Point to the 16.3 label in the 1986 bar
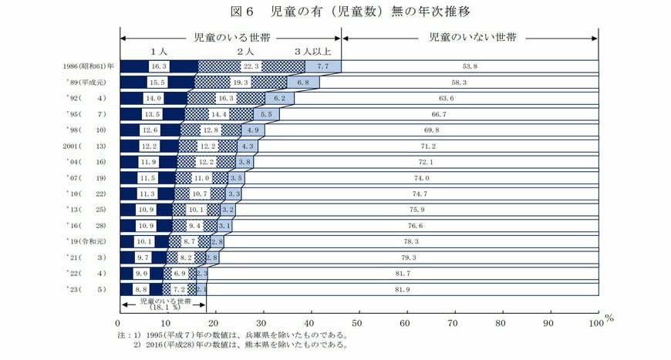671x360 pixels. coord(158,67)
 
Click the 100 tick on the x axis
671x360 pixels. coord(597,324)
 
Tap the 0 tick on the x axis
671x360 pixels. coord(120,324)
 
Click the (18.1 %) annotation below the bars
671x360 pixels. coord(163,306)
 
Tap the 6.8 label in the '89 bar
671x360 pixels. coord(302,82)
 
